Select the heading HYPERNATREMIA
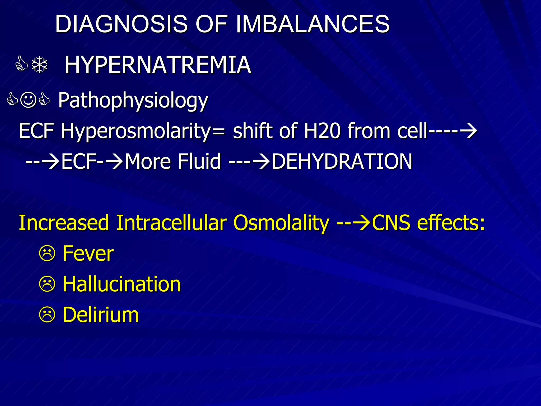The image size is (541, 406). (158, 65)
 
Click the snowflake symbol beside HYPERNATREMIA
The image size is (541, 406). (39, 65)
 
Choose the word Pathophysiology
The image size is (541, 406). (133, 100)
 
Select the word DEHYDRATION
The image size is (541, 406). (342, 161)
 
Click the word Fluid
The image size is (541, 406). (199, 161)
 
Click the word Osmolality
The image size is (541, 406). (281, 223)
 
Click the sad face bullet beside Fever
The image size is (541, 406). (47, 254)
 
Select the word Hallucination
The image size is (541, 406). (122, 284)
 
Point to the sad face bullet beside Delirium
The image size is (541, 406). (47, 315)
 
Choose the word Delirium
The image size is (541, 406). (101, 315)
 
